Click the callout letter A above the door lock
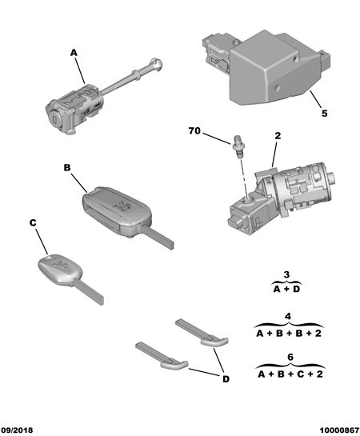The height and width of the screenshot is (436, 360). [74, 53]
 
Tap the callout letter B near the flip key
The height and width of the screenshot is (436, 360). [67, 168]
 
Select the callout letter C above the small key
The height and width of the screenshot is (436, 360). [33, 222]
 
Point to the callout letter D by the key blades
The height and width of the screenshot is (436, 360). [226, 379]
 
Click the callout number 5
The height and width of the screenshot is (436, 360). [325, 114]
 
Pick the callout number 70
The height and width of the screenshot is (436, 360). [194, 130]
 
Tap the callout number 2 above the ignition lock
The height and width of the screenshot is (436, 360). [278, 136]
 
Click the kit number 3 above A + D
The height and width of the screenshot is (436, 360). [286, 274]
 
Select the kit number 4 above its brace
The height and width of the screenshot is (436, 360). [288, 317]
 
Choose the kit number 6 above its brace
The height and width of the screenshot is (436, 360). [290, 357]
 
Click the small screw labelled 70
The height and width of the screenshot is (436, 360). [237, 146]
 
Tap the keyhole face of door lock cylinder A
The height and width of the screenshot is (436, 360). [54, 118]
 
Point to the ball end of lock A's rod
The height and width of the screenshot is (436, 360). [156, 64]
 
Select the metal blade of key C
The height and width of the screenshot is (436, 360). [89, 293]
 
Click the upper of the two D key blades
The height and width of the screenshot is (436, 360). [202, 333]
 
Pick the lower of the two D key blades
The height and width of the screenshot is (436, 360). [162, 356]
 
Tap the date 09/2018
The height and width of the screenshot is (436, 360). [17, 430]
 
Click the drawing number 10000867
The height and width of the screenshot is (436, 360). [339, 430]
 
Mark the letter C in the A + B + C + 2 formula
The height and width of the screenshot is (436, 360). [301, 374]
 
